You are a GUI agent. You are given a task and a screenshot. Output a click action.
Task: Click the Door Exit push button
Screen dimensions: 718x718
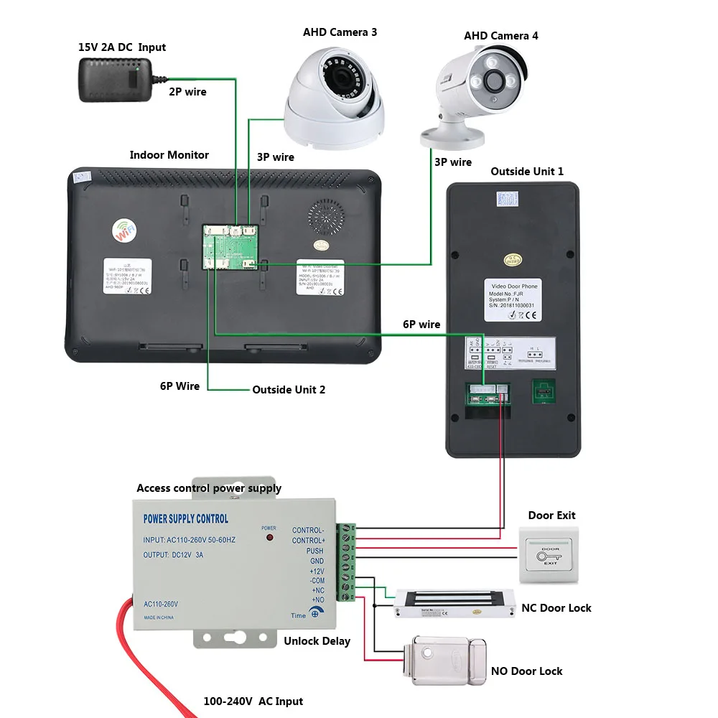pos(550,556)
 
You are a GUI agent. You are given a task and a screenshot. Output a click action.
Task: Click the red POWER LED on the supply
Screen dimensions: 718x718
pos(270,537)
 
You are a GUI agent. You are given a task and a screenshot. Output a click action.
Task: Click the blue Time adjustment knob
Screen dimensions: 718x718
pos(318,614)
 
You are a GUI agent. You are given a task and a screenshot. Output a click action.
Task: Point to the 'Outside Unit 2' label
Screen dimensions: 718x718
pos(289,390)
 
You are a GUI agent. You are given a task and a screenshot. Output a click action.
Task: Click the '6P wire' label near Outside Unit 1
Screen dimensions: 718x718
pos(421,325)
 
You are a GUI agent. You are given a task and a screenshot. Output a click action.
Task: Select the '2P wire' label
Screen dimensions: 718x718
pos(187,92)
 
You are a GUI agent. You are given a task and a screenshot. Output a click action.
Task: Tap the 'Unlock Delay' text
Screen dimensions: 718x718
pos(317,640)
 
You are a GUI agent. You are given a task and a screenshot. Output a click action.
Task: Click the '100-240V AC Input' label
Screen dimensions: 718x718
pos(252,701)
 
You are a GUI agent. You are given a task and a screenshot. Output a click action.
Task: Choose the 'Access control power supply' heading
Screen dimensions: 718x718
pos(209,488)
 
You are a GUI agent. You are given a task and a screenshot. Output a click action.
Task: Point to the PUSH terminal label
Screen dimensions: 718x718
pos(314,551)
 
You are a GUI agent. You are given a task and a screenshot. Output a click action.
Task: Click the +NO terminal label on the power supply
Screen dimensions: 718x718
pos(317,600)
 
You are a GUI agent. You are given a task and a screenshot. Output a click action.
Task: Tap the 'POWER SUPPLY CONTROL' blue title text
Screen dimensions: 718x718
pos(186,518)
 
